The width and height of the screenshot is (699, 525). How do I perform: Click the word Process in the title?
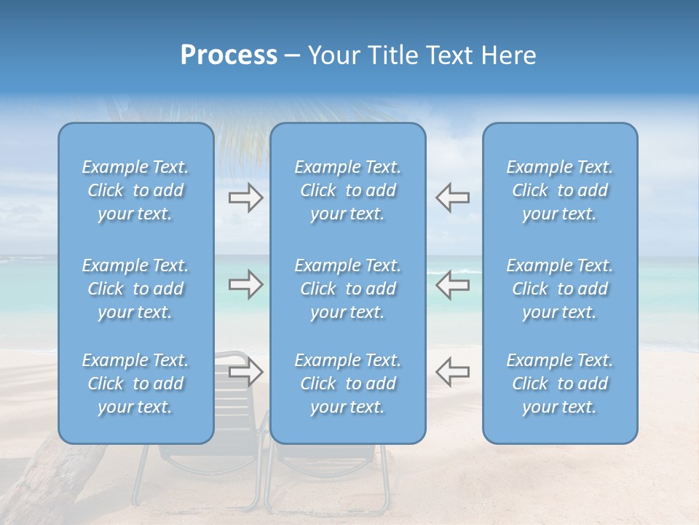229,55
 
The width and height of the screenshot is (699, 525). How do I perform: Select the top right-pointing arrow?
245,198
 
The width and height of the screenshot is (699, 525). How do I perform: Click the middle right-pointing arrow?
245,284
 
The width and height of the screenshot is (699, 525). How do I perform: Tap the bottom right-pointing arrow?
245,372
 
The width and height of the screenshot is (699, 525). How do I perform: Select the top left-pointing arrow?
452,198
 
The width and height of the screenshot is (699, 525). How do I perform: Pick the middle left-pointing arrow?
452,284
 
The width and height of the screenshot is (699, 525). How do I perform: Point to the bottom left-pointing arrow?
452,372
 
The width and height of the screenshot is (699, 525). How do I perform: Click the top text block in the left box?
135,190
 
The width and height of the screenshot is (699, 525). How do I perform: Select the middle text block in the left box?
135,289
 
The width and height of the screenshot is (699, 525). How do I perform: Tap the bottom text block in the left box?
135,384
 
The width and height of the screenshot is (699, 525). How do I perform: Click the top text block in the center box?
347,190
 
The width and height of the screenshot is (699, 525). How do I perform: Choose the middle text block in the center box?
347,289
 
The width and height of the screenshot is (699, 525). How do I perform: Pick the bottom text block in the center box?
347,384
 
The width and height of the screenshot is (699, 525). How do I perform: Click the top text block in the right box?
560,190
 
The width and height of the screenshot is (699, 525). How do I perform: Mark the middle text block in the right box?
560,289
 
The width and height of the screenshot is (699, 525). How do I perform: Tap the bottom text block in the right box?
560,384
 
